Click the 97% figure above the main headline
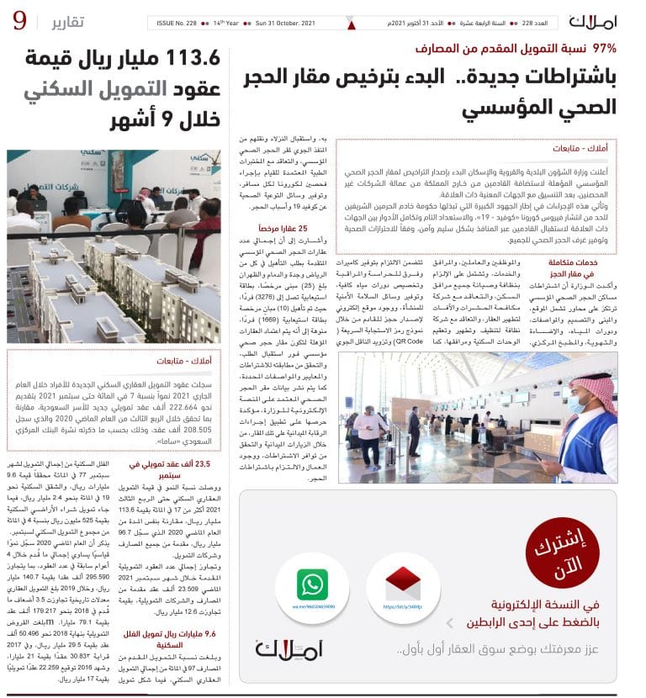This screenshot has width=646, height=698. point(604,49)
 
